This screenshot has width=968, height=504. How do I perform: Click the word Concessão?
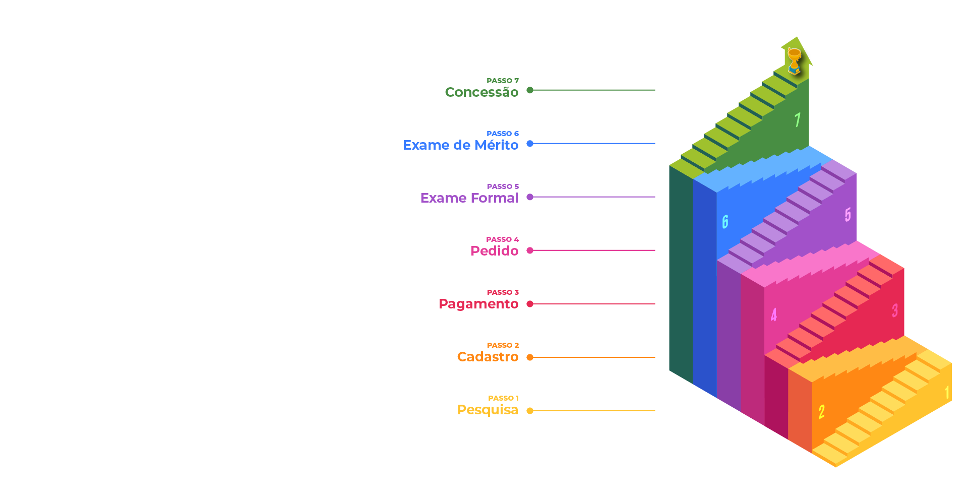pyautogui.click(x=481, y=92)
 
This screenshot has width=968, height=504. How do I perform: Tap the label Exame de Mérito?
pyautogui.click(x=460, y=145)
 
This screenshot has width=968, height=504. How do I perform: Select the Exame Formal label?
pyautogui.click(x=469, y=198)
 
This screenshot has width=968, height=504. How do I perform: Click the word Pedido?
pyautogui.click(x=494, y=251)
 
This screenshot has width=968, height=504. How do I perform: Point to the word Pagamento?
pyautogui.click(x=478, y=304)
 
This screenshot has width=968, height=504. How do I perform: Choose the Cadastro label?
pyautogui.click(x=488, y=357)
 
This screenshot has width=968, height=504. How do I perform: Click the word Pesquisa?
pyautogui.click(x=487, y=410)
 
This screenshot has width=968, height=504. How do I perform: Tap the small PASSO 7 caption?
pyautogui.click(x=502, y=81)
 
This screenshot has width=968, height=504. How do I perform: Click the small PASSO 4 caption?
pyautogui.click(x=502, y=239)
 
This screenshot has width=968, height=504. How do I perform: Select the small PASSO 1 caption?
pyautogui.click(x=503, y=398)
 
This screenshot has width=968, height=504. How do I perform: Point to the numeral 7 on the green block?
pyautogui.click(x=797, y=120)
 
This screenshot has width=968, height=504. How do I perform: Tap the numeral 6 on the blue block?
pyautogui.click(x=725, y=222)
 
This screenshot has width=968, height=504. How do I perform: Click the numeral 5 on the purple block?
pyautogui.click(x=848, y=215)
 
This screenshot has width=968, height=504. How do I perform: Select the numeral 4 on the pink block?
pyautogui.click(x=773, y=315)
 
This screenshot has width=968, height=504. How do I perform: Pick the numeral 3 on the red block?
pyautogui.click(x=894, y=310)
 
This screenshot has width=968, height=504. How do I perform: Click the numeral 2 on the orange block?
pyautogui.click(x=821, y=412)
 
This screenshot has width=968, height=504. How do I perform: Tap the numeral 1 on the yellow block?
pyautogui.click(x=947, y=393)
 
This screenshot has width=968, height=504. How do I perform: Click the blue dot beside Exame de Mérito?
pyautogui.click(x=530, y=144)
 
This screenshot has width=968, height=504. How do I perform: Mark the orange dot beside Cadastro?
pyautogui.click(x=530, y=357)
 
